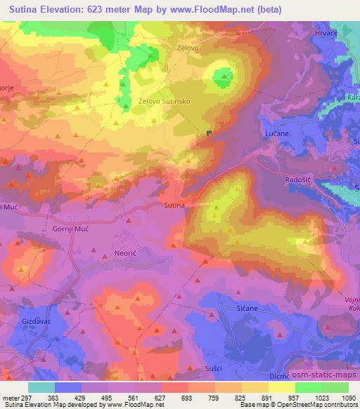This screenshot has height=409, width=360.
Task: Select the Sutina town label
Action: click(x=174, y=205)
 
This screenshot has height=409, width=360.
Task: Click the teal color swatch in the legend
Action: click(x=41, y=387)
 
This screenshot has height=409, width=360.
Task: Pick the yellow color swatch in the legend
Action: click(x=282, y=387)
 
